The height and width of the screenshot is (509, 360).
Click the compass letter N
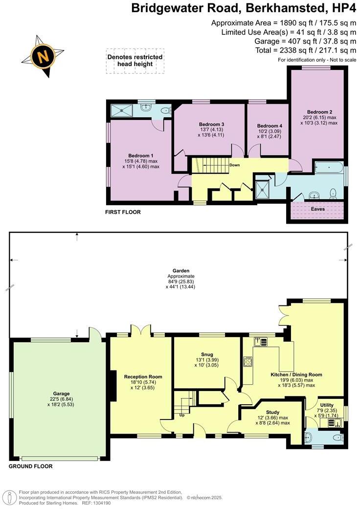coord(43,56)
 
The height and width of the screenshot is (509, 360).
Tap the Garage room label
coord(61,393)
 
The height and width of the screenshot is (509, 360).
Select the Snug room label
coord(206,354)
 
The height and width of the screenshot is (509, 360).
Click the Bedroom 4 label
coord(270,126)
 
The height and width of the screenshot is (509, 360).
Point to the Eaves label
coord(317,209)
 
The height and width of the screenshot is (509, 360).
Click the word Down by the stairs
coord(234,165)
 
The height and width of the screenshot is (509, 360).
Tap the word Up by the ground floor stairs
coord(181,415)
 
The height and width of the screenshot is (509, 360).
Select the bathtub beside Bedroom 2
coord(329,167)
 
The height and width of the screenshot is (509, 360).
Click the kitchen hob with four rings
coord(248,362)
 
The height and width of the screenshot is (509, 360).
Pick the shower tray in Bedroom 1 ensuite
coord(122,110)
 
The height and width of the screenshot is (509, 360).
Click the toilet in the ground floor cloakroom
coord(337,438)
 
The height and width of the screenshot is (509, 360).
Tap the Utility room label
coord(327,405)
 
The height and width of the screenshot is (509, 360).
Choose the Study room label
coord(272,412)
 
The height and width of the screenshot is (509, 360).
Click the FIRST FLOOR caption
coord(123,212)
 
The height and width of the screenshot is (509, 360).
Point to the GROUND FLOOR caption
coord(30,466)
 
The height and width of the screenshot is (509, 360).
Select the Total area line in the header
coord(306,50)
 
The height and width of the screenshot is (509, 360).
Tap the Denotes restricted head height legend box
coord(135,61)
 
